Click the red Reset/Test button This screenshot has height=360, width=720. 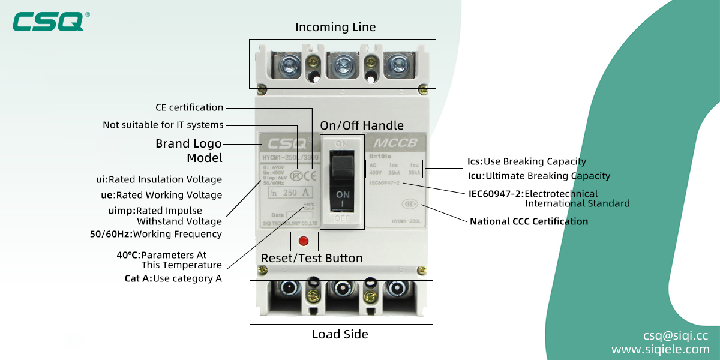coord(303,241)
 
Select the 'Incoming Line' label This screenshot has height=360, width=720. coord(335,28)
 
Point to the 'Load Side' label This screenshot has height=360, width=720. coord(340,334)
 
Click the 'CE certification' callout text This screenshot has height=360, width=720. coord(189,107)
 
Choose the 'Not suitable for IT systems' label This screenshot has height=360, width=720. coord(163,125)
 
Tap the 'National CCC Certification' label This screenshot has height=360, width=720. coord(529,221)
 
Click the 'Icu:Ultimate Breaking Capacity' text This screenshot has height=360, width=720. coord(538,176)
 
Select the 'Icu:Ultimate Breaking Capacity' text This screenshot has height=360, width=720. coord(538,176)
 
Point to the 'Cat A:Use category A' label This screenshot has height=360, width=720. coord(173,278)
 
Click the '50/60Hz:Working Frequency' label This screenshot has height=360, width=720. coord(155,234)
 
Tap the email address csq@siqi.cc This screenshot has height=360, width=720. coord(676,335)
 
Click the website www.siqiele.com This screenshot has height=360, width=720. coord(660,349)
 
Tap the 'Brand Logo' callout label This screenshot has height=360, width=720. coord(188,143)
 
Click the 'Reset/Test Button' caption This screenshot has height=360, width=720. coord(311,259)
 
